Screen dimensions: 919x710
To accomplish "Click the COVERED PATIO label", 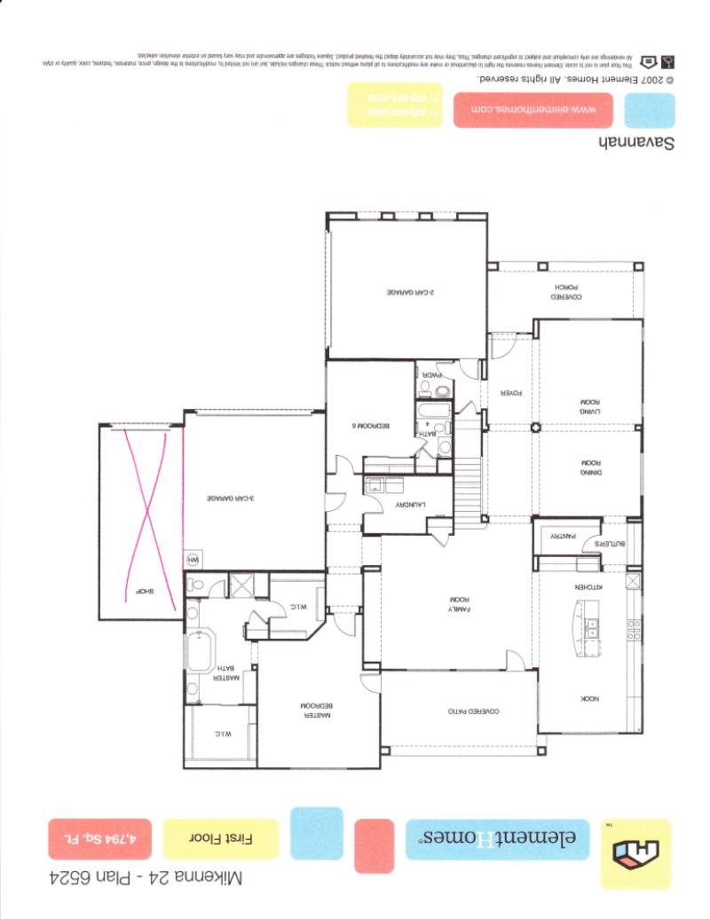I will pos(471,711).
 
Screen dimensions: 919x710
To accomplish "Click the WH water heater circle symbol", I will pos(193,560).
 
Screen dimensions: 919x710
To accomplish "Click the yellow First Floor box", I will pos(219,838).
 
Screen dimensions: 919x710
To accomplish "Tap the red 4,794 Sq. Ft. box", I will pos(100,838).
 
